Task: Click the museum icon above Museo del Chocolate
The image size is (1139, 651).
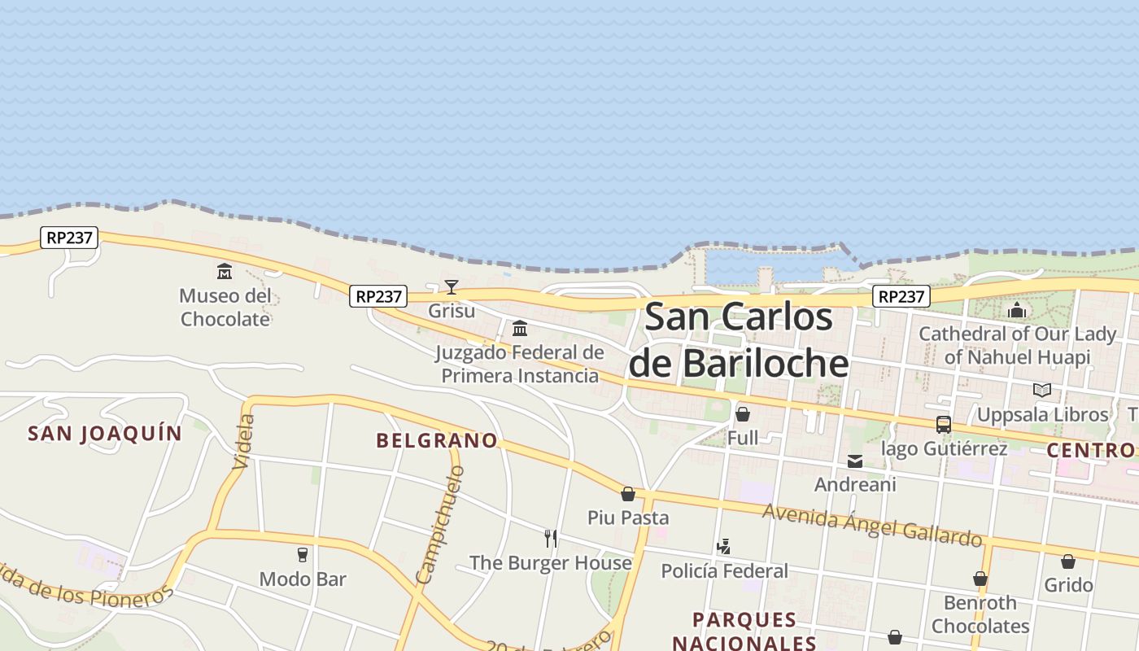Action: coord(224,271)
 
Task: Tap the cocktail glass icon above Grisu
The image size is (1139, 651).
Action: coord(452,286)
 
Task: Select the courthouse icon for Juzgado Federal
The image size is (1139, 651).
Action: coord(519,328)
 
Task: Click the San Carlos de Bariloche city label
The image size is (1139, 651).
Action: coord(739,339)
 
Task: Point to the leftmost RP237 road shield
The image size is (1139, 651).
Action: coord(69,238)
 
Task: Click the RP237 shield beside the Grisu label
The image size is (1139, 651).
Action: coord(378,296)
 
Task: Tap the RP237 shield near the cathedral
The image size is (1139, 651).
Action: coord(901,296)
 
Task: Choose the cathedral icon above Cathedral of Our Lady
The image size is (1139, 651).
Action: coord(1017,310)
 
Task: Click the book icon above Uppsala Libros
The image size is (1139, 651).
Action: coord(1042,390)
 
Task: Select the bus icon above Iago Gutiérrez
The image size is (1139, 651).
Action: coord(944,424)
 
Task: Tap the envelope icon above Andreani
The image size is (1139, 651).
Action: coord(855,461)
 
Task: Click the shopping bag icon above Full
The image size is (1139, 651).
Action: coord(742,414)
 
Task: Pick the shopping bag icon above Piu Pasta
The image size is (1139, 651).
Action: coord(628,494)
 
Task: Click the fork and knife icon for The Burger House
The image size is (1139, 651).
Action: coord(551,538)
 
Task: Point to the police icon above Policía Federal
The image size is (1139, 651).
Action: coord(723,547)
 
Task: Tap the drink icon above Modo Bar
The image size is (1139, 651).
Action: coord(303,555)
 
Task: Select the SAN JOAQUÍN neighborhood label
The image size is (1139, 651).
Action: coord(105,433)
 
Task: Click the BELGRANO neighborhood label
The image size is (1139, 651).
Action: coord(437,440)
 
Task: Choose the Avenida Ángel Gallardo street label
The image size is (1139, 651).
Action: coord(872,525)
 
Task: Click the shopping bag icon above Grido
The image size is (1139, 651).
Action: coord(1068,561)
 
